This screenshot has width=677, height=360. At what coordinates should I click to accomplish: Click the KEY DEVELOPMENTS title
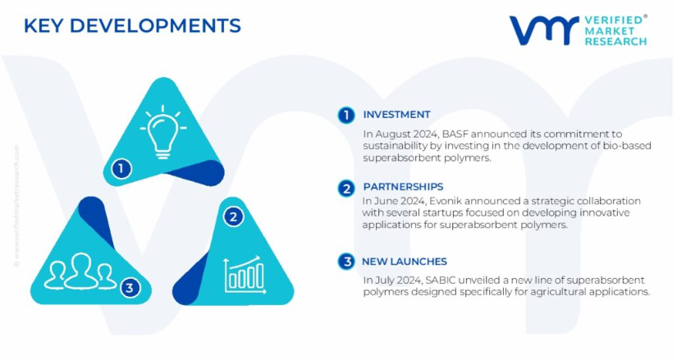[132, 26]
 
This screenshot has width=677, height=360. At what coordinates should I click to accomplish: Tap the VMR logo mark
[544, 30]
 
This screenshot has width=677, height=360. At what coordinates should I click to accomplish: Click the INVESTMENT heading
[396, 114]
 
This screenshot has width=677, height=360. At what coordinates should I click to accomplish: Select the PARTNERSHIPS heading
[403, 186]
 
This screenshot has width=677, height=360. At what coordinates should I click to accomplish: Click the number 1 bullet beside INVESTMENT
[345, 116]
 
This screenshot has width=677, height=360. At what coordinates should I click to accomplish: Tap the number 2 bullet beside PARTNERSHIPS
[345, 189]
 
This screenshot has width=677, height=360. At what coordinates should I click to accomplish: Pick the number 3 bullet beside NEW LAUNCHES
[345, 262]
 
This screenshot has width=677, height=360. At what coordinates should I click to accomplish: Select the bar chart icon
[245, 275]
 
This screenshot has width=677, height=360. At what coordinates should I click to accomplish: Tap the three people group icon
[80, 271]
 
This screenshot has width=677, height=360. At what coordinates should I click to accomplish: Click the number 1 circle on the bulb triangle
[121, 168]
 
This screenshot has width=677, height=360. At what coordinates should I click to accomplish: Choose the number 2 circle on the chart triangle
[233, 216]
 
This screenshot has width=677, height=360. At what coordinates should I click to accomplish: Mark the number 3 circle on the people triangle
[130, 288]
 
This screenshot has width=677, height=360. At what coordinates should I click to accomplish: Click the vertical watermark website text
[16, 206]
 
